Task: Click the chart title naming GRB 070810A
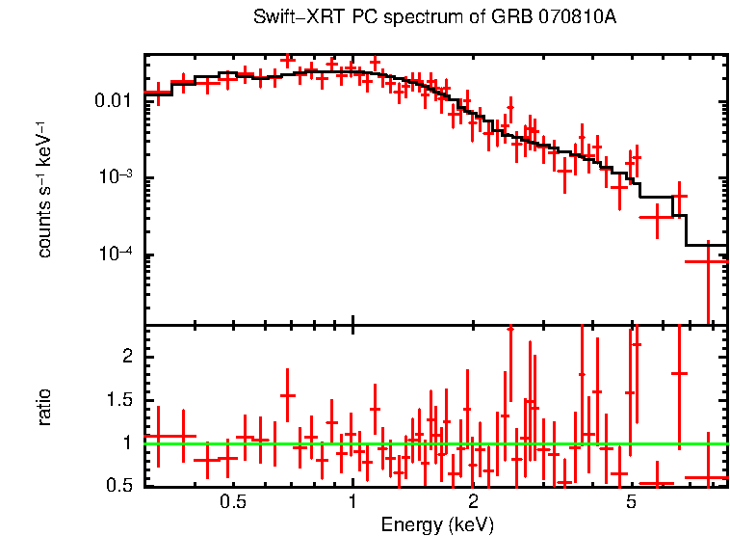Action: coord(434,18)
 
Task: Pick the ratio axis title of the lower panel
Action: coord(45,407)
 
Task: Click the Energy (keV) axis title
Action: coord(436,524)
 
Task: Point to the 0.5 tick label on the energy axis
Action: coord(232,502)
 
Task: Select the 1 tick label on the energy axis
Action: coord(353,502)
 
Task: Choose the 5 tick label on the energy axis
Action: coord(631,502)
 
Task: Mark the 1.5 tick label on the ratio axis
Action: coord(119,400)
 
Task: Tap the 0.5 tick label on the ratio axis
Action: coord(119,486)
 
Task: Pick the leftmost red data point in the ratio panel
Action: coord(158,437)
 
